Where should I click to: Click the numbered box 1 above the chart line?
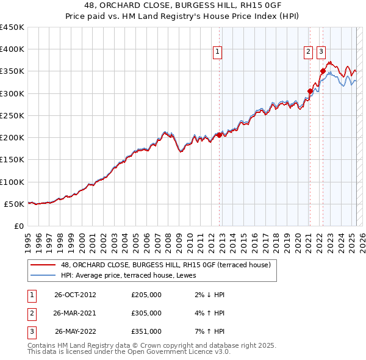click(217, 52)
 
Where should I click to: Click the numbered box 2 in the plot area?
click(309, 52)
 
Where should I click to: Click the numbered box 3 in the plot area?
click(321, 52)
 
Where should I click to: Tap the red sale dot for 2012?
click(219, 135)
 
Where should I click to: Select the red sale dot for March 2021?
click(310, 92)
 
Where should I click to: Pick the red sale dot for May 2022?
click(323, 71)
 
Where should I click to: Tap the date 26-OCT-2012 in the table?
click(75, 295)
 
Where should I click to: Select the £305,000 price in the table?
click(146, 313)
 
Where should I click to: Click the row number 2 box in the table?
click(30, 313)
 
